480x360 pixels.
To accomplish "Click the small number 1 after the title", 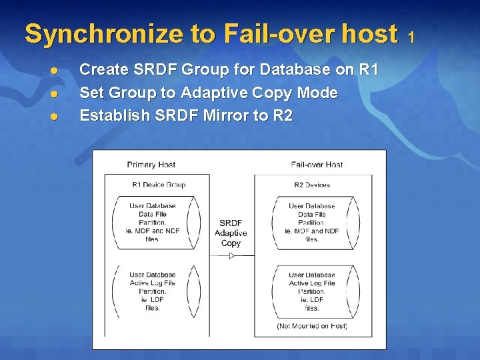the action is coord(411,36).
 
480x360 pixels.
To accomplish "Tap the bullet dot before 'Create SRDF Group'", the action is coord(55,70).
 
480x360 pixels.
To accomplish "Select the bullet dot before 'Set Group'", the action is coord(55,93).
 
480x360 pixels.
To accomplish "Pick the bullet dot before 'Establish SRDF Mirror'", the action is coord(55,117).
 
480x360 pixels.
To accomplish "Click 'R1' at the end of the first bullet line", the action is coord(367,69).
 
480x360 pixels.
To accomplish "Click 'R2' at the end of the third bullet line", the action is coord(283,115).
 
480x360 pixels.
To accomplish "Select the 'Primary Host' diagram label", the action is coord(151,165).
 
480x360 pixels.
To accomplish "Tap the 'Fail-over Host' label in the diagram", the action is coord(317,165).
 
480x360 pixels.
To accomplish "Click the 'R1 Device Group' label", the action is coord(159,185).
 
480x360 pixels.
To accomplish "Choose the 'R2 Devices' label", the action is coord(312,185).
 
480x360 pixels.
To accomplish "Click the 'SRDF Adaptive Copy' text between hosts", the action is coord(231,233).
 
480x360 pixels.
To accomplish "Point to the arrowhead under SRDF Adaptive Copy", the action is coord(231,255).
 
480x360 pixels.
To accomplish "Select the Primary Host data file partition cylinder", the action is coord(153,223).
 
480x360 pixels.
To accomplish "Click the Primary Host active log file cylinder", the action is coord(153,291).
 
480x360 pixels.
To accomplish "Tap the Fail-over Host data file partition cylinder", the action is coord(312,223).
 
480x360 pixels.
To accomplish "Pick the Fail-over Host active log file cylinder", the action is coord(312,291).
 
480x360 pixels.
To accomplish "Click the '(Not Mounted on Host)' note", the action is coord(312,326).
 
